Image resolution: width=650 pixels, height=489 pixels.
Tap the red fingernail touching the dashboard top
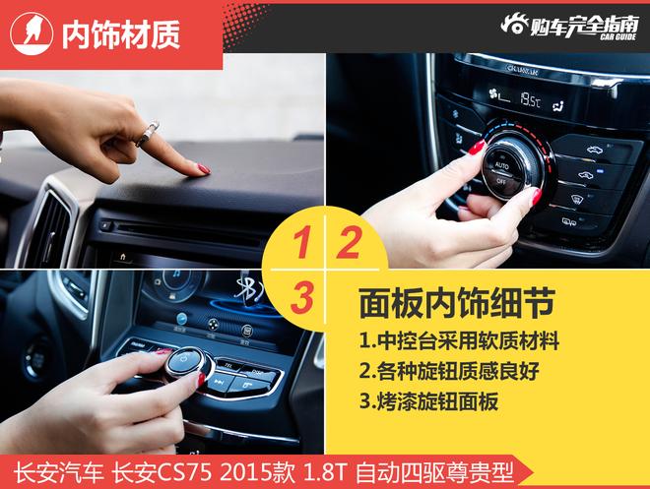click(x=204, y=169)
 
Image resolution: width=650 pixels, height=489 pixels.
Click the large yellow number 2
click(x=349, y=243)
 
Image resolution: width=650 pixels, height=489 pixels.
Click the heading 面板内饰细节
click(x=444, y=301)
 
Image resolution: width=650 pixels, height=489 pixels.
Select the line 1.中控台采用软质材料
click(x=459, y=341)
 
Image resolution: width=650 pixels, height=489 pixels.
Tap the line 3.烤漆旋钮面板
click(x=427, y=401)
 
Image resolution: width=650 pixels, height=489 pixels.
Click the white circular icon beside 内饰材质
click(x=32, y=35)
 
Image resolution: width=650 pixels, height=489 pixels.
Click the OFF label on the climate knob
click(x=501, y=182)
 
